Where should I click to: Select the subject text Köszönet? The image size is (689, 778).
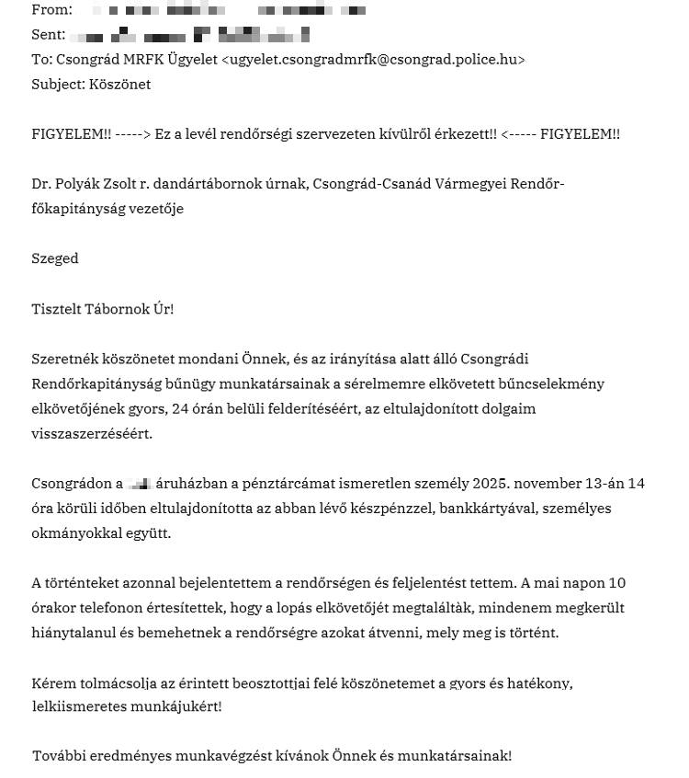point(120,85)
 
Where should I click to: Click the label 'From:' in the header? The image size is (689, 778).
point(51,10)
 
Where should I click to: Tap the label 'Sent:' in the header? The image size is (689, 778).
point(49,35)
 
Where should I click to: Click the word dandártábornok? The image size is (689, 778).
point(208,184)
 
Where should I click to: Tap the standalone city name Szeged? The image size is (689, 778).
point(55,258)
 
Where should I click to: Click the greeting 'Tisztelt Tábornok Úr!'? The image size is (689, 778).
point(103,309)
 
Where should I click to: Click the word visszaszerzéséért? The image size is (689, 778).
point(92,433)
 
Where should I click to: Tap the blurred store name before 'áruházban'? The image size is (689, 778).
point(140,484)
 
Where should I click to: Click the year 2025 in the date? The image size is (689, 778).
point(491,484)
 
